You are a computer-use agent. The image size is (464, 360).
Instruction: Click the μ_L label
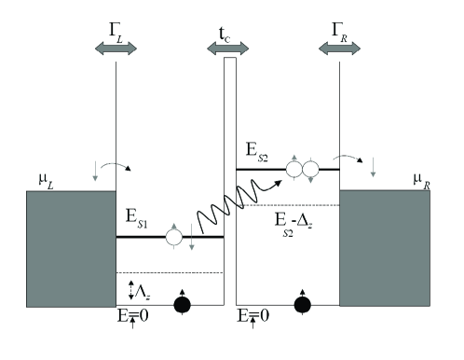(x=38, y=178)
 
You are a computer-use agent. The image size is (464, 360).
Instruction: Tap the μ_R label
(x=427, y=178)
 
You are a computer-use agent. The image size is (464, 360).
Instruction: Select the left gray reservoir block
(x=58, y=248)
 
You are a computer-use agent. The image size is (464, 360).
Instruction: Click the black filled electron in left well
(x=183, y=304)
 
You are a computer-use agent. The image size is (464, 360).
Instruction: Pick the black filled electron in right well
(x=302, y=304)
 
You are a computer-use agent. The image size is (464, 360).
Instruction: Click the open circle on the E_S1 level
(x=172, y=237)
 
